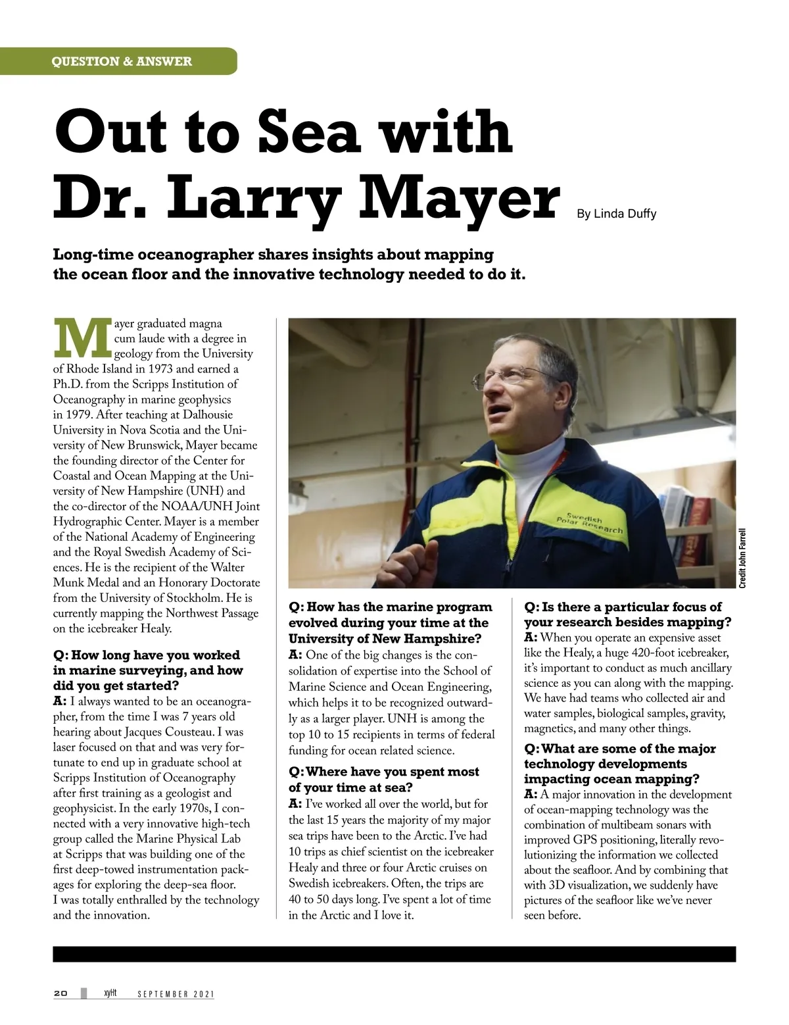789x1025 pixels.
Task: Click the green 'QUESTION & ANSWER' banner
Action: click(122, 61)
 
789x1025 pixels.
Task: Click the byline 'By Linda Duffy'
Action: click(616, 213)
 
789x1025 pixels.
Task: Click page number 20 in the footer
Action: click(60, 993)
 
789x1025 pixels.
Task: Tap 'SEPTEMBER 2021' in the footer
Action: click(176, 994)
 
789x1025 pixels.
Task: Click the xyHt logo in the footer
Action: click(110, 993)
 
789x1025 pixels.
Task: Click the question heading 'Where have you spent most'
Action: click(384, 772)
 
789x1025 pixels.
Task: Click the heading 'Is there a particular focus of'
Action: click(623, 607)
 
